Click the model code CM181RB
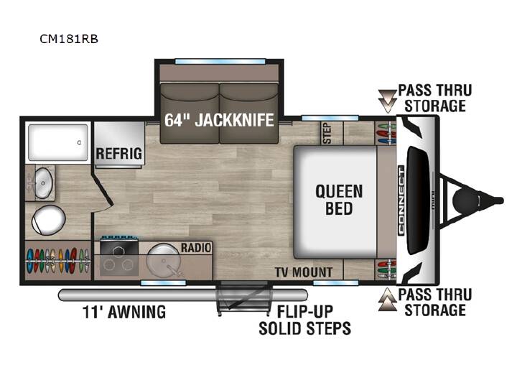click(69, 39)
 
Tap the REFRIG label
click(118, 154)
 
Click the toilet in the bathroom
click(49, 220)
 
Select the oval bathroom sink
click(44, 183)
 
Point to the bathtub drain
click(79, 142)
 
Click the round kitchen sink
click(164, 260)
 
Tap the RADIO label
click(196, 247)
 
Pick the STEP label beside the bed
click(327, 133)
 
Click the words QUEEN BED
click(339, 200)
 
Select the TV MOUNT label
click(304, 272)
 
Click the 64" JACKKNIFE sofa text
click(219, 120)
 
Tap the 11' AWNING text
click(124, 312)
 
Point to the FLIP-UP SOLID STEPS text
click(304, 320)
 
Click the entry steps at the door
click(244, 299)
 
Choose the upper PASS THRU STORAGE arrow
click(388, 101)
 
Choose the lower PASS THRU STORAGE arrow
click(388, 299)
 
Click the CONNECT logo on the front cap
click(401, 200)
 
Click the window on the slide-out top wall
click(220, 62)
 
